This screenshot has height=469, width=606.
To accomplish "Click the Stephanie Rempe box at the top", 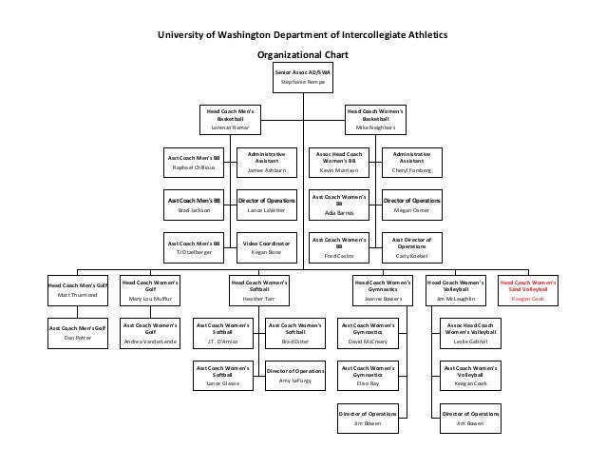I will point(303,77).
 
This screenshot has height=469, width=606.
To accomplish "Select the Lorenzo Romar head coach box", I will point(230,120).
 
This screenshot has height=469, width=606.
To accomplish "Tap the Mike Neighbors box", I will point(374,120).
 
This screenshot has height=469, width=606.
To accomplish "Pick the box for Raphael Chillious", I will point(193,162).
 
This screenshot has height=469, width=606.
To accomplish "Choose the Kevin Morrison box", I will point(339,162).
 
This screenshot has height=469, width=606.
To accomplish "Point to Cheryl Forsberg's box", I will point(411,162).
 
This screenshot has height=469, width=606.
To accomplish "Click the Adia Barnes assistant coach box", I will point(339,205).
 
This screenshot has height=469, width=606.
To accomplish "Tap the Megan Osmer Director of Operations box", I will point(411,205).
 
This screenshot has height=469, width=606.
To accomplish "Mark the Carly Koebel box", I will point(411,247).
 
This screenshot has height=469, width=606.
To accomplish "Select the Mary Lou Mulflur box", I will point(150,290).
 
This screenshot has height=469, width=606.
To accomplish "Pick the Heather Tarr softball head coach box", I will point(258,290).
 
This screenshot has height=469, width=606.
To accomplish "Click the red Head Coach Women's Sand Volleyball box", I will point(529,290).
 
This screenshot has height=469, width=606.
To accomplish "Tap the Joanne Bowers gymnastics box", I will point(383,290).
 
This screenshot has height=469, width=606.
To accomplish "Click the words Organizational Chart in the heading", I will point(303,53).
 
